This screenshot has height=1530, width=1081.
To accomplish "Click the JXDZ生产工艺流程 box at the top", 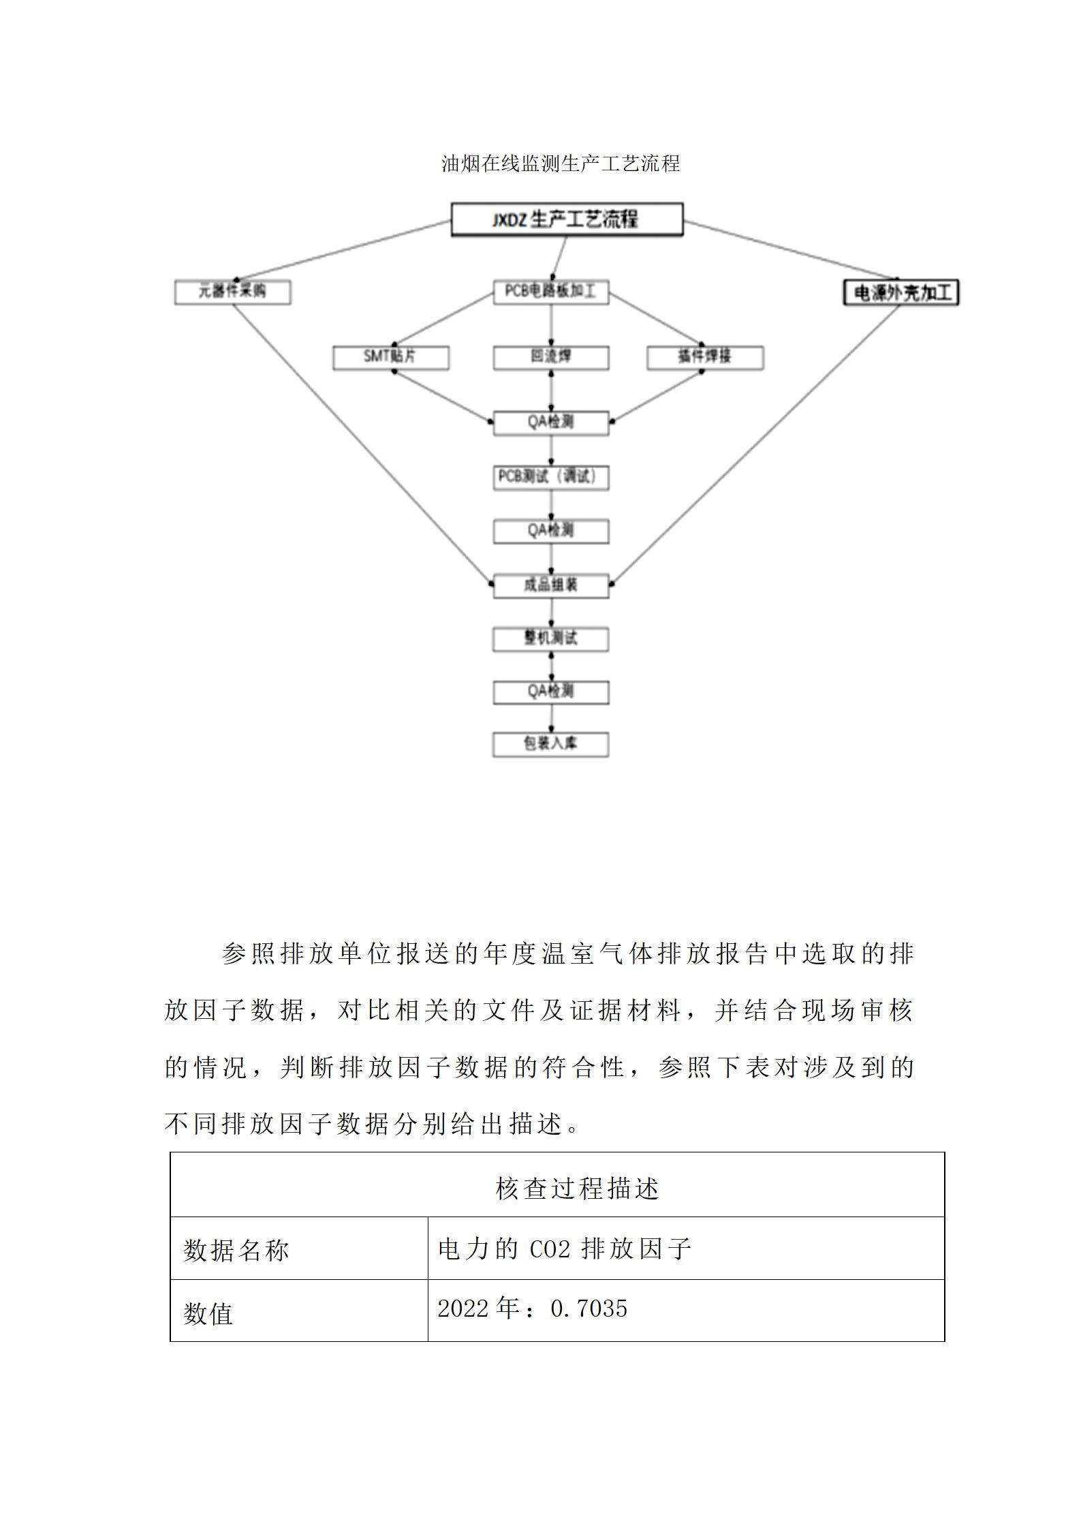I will pyautogui.click(x=567, y=219).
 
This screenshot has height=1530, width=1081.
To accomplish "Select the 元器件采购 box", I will pyautogui.click(x=232, y=292).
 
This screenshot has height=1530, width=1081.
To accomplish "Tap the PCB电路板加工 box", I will pyautogui.click(x=550, y=292).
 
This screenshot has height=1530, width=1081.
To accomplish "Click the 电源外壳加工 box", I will pyautogui.click(x=900, y=293).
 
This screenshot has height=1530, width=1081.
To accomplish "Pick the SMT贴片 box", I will pyautogui.click(x=390, y=357).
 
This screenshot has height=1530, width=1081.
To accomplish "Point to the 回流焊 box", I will pyautogui.click(x=550, y=357).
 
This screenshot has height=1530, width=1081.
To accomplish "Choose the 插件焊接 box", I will pyautogui.click(x=704, y=357).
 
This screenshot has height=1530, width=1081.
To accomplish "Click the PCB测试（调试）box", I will pyautogui.click(x=550, y=477).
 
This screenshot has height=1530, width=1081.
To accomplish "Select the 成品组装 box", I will pyautogui.click(x=550, y=585).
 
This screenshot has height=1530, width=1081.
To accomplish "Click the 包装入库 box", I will pyautogui.click(x=550, y=744).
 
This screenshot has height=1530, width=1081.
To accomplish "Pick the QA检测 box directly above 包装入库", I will pyautogui.click(x=550, y=692).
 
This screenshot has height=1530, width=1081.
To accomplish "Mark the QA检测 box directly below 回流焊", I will pyautogui.click(x=550, y=423).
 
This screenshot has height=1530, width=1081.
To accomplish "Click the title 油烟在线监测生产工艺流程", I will pyautogui.click(x=561, y=164).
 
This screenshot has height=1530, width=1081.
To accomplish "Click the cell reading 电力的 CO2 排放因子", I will pyautogui.click(x=565, y=1249).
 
